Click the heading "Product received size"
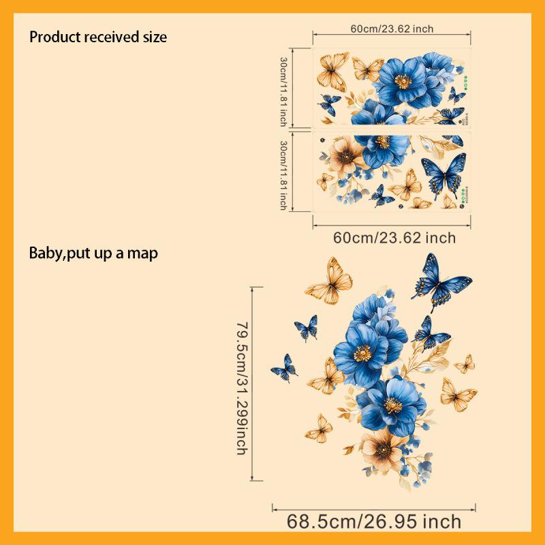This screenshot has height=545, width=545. click(x=98, y=37)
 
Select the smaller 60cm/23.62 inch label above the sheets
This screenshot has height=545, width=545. click(x=392, y=29)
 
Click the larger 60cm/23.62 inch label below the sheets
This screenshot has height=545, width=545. click(x=394, y=238)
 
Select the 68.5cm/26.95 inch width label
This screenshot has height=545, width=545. click(x=374, y=523)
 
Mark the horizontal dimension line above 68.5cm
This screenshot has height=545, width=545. click(x=374, y=507)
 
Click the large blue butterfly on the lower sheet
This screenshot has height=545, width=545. click(x=444, y=173)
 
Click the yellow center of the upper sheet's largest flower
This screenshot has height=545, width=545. click(x=403, y=81)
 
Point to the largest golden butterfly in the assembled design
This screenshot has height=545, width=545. click(x=330, y=280)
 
